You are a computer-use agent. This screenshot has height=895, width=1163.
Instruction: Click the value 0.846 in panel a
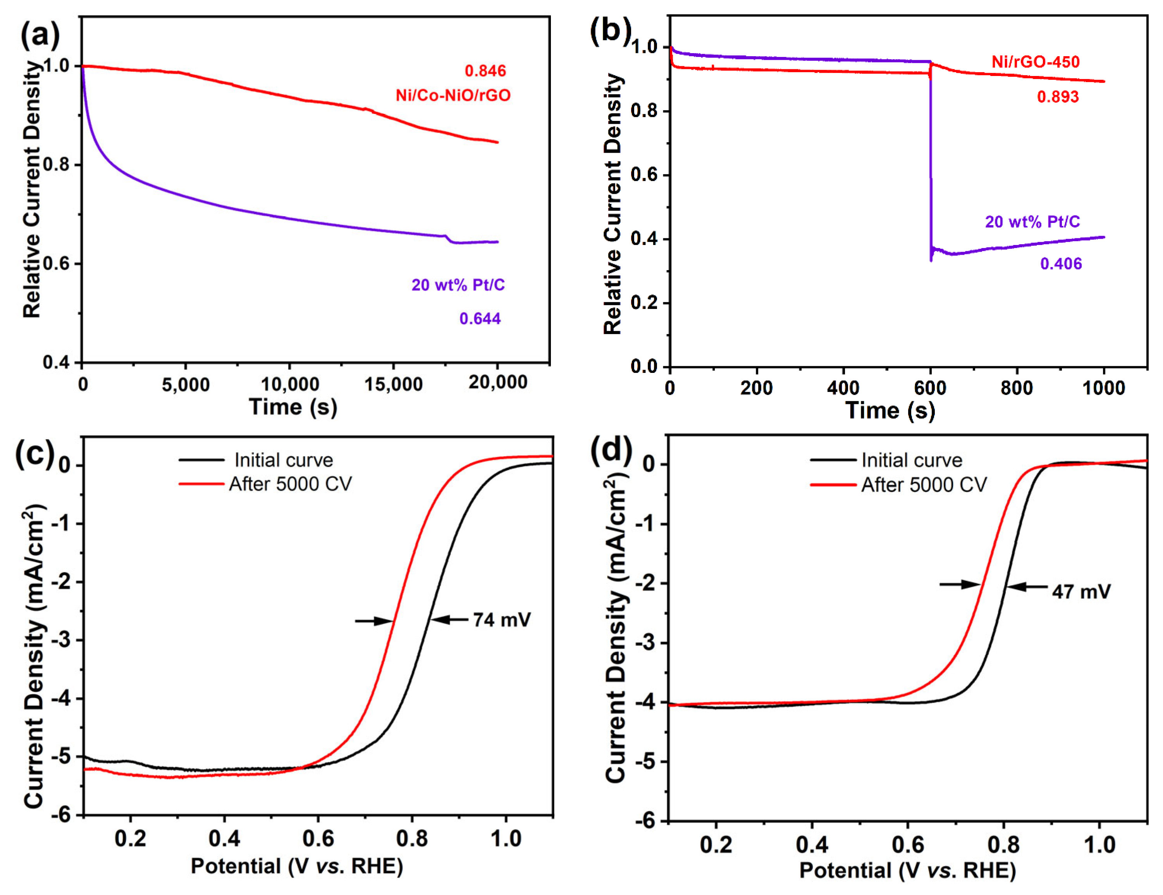click(485, 71)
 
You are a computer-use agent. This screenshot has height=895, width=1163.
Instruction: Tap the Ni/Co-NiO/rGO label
click(452, 95)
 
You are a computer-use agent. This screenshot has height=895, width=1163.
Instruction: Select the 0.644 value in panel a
click(480, 319)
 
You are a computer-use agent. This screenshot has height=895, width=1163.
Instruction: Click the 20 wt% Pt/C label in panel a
click(458, 285)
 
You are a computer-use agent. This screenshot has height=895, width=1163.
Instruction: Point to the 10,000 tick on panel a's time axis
click(290, 384)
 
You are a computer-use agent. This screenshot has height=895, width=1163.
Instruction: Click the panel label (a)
click(40, 36)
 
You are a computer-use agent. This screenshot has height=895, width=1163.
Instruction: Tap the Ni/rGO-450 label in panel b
click(1035, 62)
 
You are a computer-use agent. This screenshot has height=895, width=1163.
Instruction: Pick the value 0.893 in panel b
click(1058, 97)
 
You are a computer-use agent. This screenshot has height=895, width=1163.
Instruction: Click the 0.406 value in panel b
click(1061, 264)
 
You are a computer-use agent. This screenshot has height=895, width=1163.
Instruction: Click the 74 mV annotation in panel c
click(502, 620)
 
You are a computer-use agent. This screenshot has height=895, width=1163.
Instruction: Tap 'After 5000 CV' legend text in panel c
click(290, 484)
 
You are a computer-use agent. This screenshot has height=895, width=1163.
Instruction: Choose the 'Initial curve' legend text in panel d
click(912, 460)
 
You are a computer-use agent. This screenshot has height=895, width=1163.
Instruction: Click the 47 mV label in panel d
click(1081, 592)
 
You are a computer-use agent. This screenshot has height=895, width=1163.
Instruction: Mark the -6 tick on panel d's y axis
click(647, 821)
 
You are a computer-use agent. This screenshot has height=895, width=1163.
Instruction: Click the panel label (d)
click(611, 450)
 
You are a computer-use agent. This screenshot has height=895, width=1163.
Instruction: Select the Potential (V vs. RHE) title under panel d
click(907, 871)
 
